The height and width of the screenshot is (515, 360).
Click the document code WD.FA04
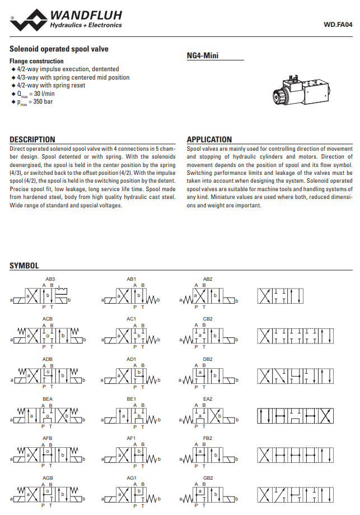coord(338,25)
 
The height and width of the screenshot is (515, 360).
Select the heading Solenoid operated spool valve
coord(59,49)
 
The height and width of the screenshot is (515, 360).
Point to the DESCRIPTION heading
coord(32,140)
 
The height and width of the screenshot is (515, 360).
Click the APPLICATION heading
coord(209,140)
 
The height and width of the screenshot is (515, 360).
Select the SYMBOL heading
coord(24,266)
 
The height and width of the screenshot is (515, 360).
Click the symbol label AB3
coord(50,279)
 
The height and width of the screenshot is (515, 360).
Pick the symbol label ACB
coord(48,319)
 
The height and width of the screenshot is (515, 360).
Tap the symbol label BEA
coord(48,398)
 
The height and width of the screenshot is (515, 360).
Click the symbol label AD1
coord(131,359)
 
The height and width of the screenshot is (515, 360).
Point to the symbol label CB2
coord(208,319)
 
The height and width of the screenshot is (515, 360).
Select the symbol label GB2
coord(208,478)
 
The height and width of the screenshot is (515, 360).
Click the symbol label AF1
coord(131,438)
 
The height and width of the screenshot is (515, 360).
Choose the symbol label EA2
coord(208,398)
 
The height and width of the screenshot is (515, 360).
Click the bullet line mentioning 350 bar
coord(37,102)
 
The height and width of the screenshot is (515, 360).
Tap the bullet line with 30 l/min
coord(37,94)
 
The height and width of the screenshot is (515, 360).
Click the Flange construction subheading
coord(36,61)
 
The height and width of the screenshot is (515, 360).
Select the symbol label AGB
coord(48,478)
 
